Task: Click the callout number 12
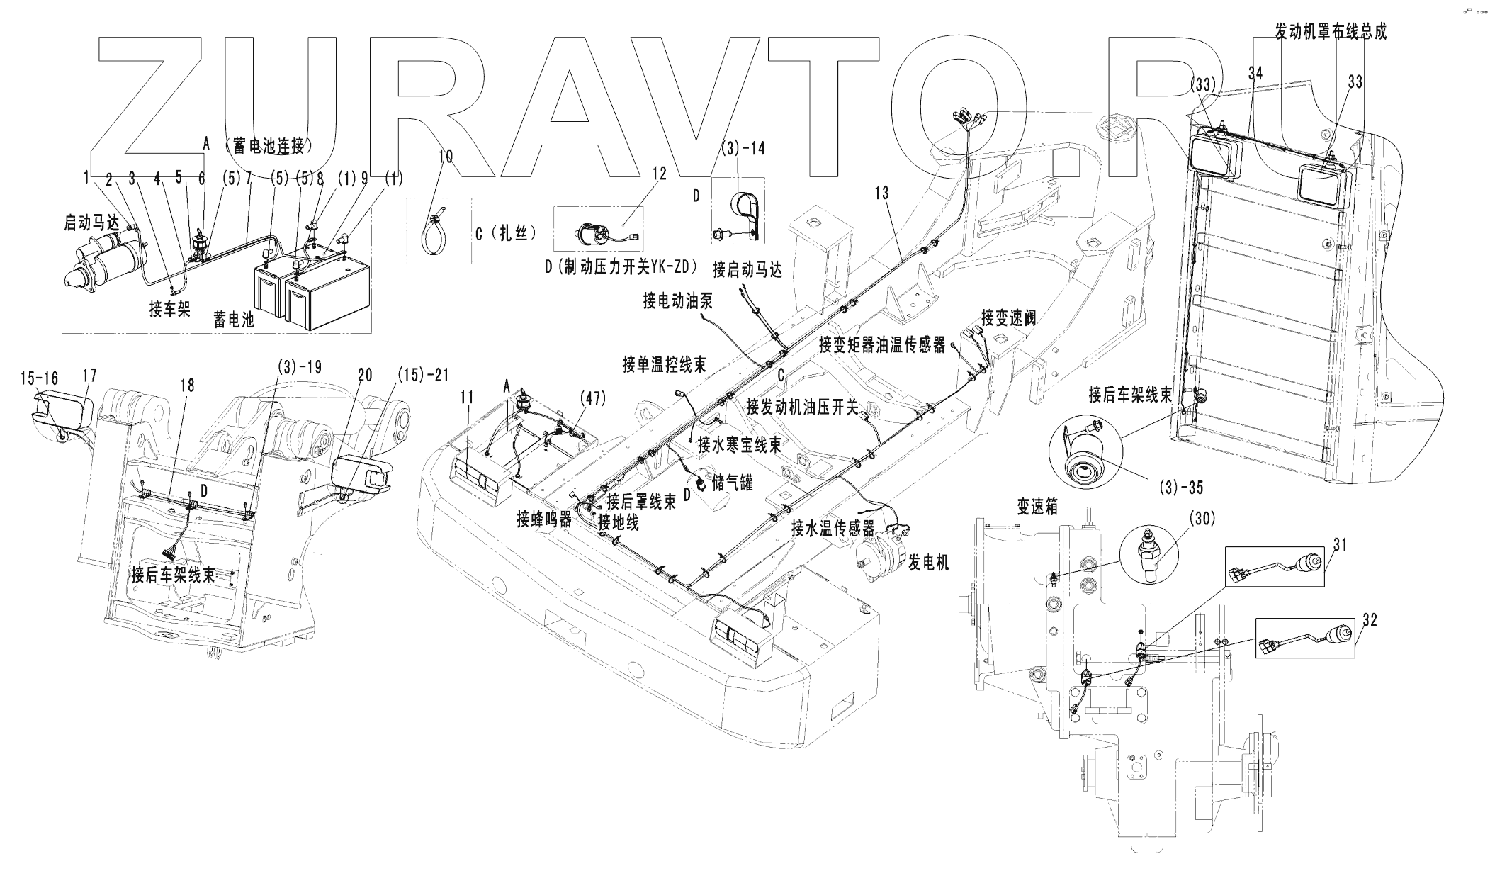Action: [x=660, y=174]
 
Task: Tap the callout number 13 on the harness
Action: [x=881, y=193]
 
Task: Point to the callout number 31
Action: [x=1340, y=545]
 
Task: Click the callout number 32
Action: [x=1370, y=620]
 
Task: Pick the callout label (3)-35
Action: [x=1182, y=488]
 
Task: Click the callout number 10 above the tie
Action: [x=445, y=156]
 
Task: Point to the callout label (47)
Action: [x=592, y=398]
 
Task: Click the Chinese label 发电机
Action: [x=929, y=563]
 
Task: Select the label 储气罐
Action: [x=733, y=483]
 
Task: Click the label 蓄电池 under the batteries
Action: [x=234, y=320]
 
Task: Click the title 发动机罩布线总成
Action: [x=1331, y=31]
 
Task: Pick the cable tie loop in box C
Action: [x=434, y=230]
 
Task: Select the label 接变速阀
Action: [x=1009, y=317]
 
